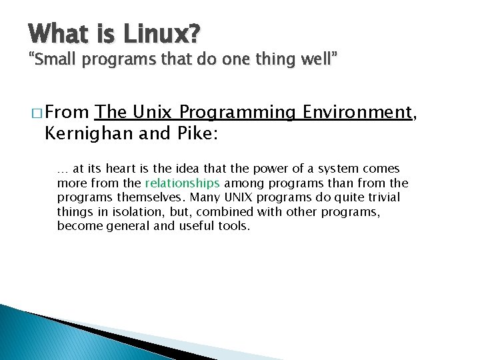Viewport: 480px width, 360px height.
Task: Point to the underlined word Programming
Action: [238, 113]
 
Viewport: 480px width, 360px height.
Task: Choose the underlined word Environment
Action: [357, 113]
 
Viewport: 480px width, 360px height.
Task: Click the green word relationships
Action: [182, 183]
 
